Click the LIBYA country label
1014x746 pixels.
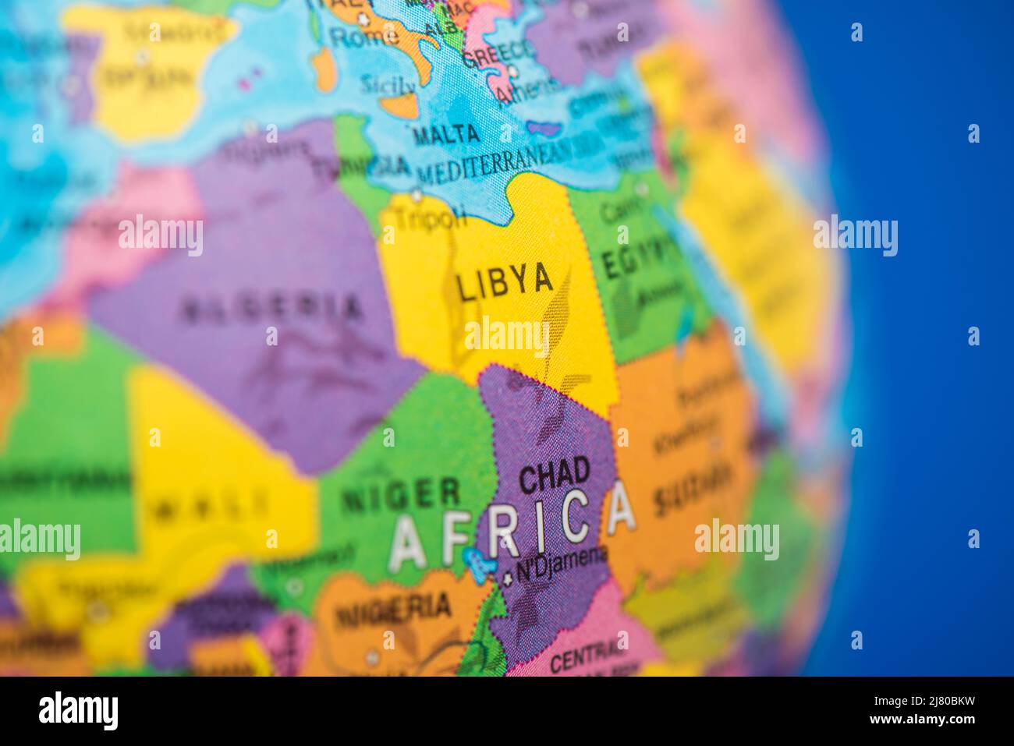coord(505,283)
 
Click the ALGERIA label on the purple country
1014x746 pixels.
coord(272,309)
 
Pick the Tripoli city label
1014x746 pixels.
coord(430,218)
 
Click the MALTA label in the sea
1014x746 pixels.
coord(445,135)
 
